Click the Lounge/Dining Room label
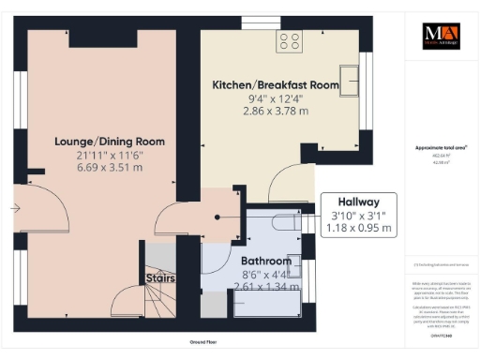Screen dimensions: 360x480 pos(110,142)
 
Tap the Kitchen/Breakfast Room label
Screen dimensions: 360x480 pos(275,84)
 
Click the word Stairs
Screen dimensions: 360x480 pos(157,277)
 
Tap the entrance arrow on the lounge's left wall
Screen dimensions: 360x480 pos(16,208)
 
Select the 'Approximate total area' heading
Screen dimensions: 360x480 pos(441,148)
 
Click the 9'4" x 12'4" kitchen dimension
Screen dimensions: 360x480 pos(275,97)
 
